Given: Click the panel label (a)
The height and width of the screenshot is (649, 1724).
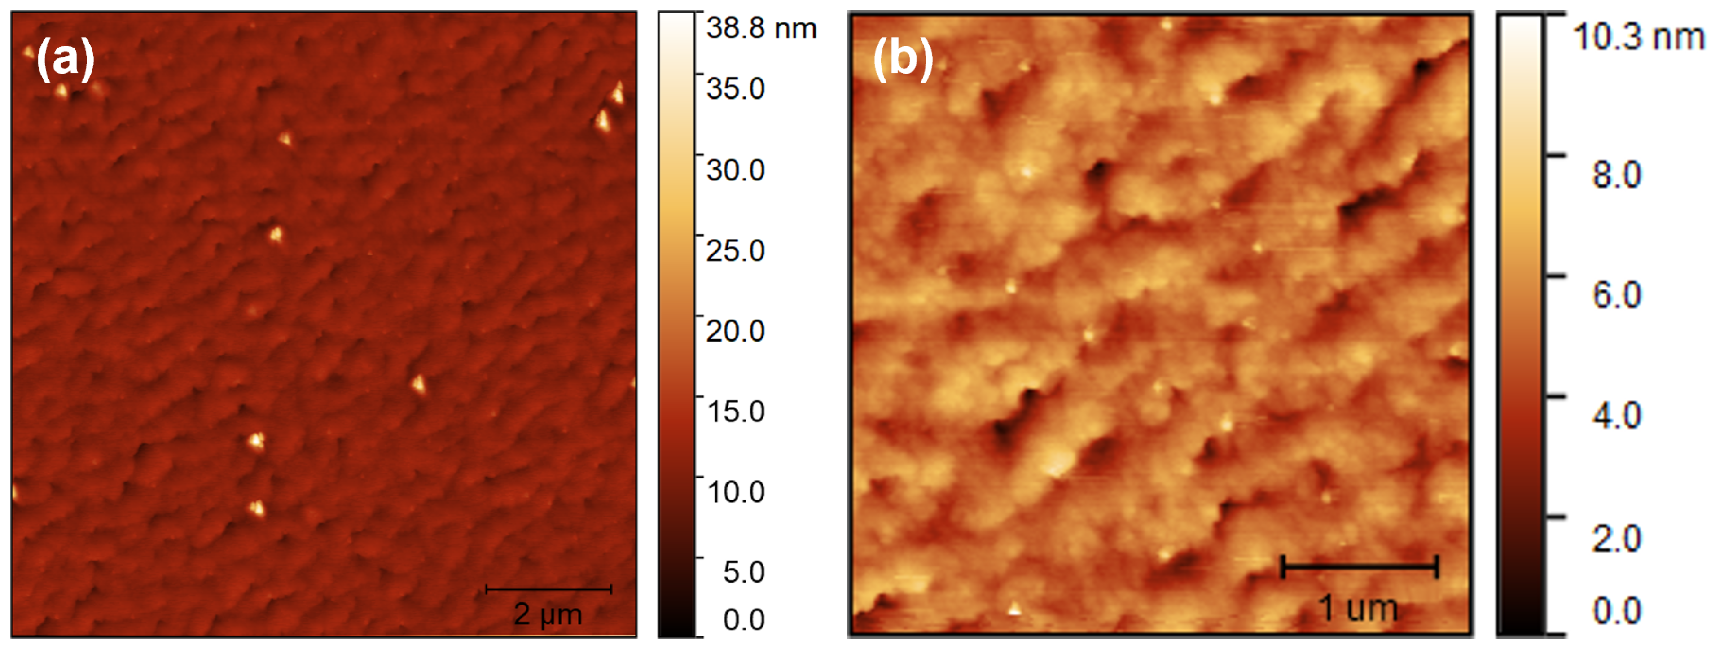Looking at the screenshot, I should (65, 58).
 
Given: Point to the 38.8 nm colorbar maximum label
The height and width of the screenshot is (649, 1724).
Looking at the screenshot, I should (761, 29).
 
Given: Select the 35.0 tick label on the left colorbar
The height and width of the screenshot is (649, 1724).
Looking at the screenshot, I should (736, 89).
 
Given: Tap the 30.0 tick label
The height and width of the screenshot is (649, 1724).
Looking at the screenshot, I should (736, 170).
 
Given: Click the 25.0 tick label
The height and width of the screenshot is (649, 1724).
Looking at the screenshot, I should (736, 251).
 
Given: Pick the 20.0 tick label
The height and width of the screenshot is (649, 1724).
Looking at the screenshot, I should (736, 331).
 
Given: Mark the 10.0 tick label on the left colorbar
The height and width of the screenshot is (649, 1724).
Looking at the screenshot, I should (736, 492).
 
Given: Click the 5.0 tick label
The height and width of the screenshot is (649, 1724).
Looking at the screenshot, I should (744, 572).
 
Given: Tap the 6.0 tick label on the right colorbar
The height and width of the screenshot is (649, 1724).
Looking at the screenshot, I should (1617, 295).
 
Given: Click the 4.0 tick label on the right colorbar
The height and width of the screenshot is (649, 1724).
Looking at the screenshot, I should (1617, 416).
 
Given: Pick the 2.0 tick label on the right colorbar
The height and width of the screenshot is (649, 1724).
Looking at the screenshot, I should (1617, 539).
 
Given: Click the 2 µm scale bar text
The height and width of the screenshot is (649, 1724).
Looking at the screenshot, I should (548, 614).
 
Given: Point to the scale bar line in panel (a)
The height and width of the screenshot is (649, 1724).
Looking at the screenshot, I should (548, 589).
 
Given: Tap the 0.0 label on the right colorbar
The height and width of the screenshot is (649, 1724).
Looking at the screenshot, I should (1617, 610).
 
